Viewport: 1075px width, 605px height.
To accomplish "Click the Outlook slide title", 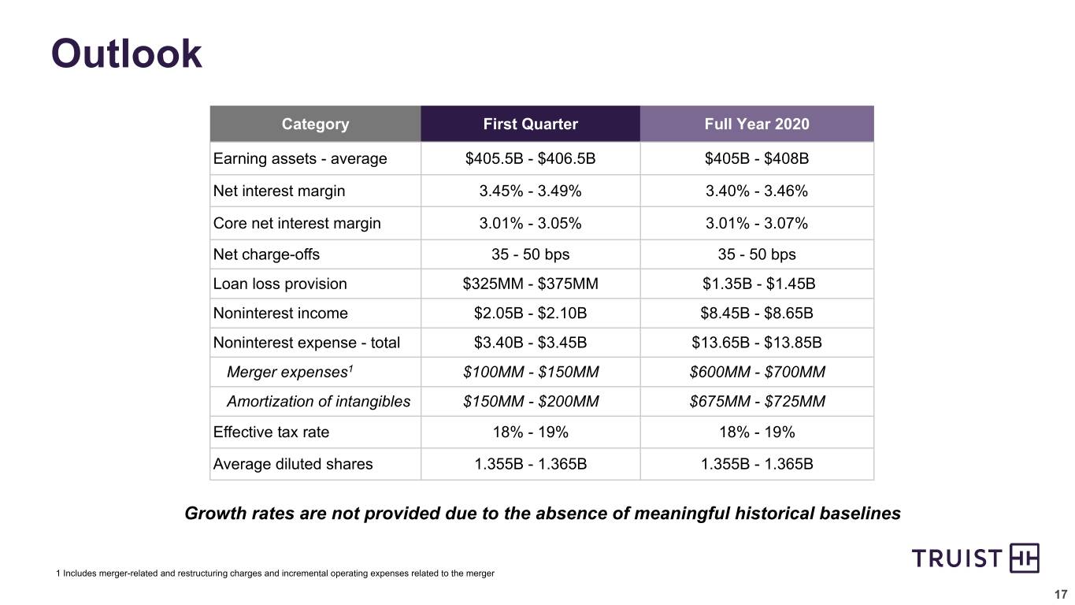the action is (x=126, y=54).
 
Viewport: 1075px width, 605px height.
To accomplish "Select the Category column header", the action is (x=315, y=124).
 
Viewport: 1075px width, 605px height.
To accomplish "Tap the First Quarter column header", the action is (x=530, y=124).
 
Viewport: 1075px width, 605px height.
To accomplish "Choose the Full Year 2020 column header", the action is (x=757, y=124).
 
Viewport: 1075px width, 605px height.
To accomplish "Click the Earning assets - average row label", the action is (x=300, y=158).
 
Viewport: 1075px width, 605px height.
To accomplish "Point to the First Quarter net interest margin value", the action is (x=530, y=191).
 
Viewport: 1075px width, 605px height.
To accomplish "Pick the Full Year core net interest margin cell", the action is (x=757, y=223).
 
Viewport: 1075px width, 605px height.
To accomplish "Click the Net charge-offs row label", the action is (x=266, y=254).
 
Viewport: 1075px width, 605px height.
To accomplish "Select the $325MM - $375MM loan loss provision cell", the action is (x=530, y=284).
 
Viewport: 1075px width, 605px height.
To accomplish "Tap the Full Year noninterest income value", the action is (x=757, y=313).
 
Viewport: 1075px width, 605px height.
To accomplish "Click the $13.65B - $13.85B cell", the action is (x=757, y=343).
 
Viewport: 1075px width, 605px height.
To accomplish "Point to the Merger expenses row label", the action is (x=290, y=372).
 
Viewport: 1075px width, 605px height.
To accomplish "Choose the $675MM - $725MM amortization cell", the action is (x=757, y=402).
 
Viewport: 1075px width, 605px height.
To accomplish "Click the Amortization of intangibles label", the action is (x=319, y=402).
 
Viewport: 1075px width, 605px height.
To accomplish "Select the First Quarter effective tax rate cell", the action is (x=530, y=432).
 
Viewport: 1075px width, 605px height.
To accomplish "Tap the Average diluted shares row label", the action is (x=293, y=464).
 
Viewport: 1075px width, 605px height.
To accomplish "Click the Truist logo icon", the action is (x=1025, y=558).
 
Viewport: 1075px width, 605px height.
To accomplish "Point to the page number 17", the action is (x=1060, y=595).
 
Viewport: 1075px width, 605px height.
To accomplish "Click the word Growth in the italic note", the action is (x=216, y=514).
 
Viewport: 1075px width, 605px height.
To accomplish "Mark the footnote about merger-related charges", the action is (x=275, y=573).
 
